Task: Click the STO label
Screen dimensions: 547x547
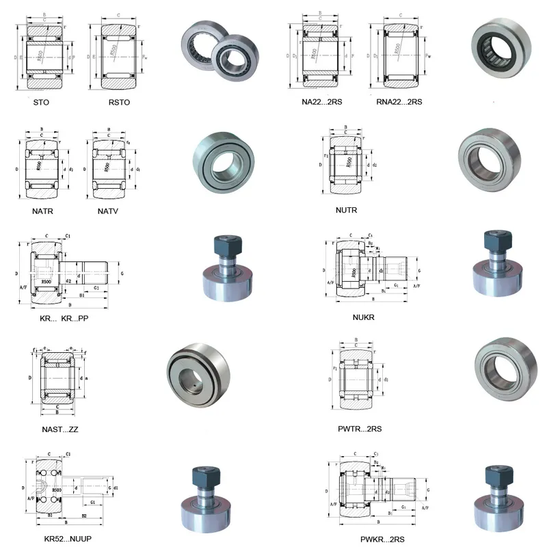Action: point(41,102)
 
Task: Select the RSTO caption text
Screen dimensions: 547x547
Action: point(118,102)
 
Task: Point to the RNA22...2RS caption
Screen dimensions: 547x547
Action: point(399,102)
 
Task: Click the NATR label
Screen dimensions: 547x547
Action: point(42,211)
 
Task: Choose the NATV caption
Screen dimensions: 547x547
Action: point(108,211)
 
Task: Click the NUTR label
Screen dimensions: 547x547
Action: point(347,210)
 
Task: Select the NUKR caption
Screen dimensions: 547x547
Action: point(364,317)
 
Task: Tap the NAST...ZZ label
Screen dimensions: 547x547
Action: point(59,429)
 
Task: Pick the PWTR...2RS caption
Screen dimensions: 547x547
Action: point(360,429)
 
